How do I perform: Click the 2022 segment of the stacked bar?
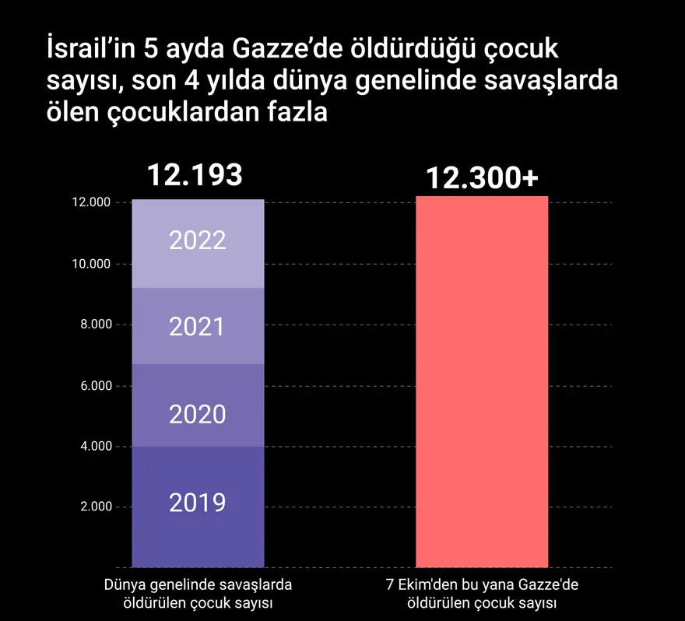[198, 244]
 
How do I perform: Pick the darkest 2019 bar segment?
[198, 507]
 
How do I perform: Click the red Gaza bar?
[482, 381]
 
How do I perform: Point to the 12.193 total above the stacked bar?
[195, 176]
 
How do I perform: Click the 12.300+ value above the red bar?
[482, 178]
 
